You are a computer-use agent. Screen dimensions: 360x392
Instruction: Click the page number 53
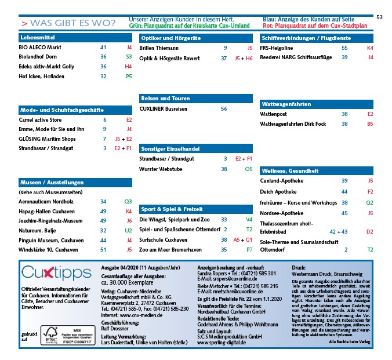point(380,17)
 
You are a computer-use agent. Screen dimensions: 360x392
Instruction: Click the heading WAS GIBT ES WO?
point(68,23)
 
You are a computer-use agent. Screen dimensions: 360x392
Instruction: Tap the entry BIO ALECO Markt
point(41,48)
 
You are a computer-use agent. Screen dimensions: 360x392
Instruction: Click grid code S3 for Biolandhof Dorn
point(129,57)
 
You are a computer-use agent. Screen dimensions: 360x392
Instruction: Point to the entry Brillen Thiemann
point(159,48)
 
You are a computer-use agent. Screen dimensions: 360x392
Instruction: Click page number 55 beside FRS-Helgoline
point(344,48)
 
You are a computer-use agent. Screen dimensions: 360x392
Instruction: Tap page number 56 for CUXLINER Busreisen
point(224,108)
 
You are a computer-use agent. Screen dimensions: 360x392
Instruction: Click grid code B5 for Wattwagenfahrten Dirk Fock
point(370,123)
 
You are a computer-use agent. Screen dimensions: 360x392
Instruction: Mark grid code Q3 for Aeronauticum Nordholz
point(129,201)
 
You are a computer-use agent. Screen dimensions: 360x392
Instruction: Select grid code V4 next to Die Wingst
point(249,220)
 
